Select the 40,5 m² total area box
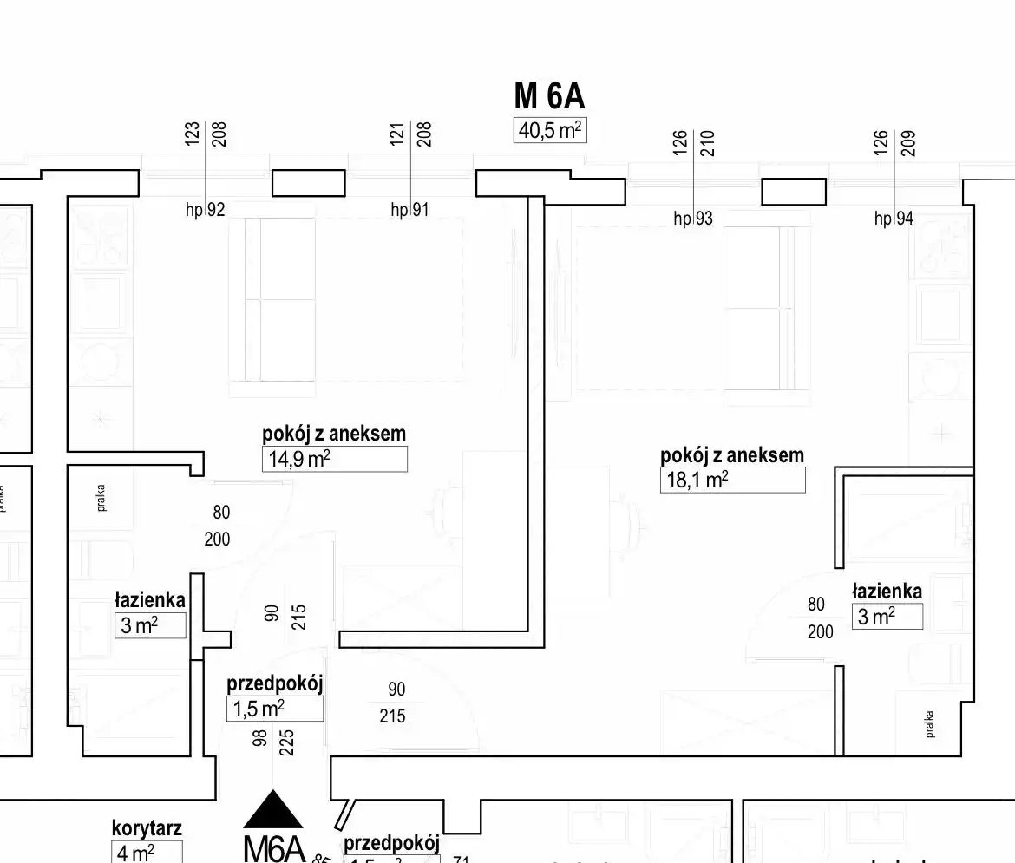550,130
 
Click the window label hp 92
205,209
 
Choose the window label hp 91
409,209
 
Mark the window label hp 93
693,219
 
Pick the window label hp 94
894,219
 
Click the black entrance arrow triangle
273,809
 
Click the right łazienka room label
887,592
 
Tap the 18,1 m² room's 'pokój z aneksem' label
732,455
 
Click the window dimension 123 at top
193,133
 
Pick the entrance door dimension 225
287,743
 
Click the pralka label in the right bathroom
929,722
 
